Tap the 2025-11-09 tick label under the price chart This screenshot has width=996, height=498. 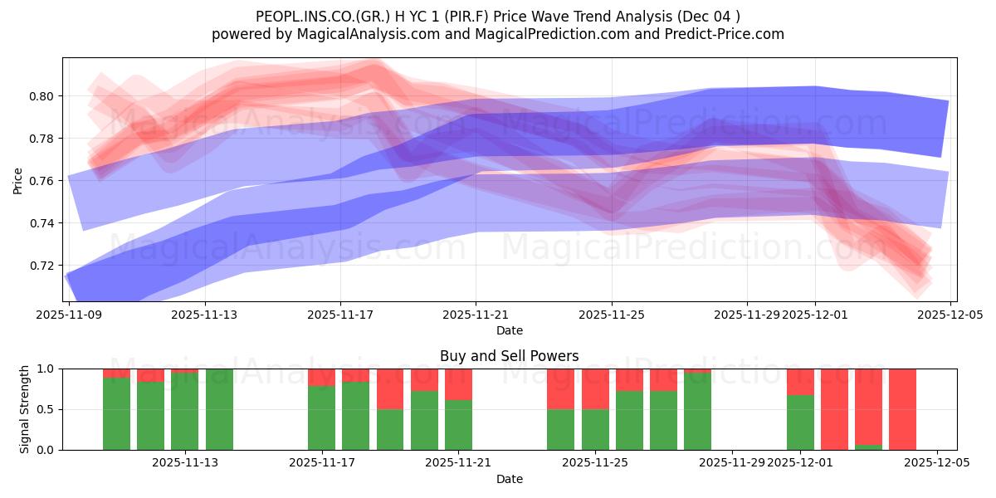(x=70, y=315)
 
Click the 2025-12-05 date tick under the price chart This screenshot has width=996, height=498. (x=950, y=315)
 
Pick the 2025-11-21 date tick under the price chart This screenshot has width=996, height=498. (x=476, y=315)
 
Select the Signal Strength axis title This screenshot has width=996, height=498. (x=25, y=409)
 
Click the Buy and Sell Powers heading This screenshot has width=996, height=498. (x=509, y=356)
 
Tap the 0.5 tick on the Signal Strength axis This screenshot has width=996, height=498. (x=46, y=409)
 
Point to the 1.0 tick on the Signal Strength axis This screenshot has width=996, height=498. (x=46, y=369)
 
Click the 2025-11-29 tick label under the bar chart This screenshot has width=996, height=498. (x=732, y=463)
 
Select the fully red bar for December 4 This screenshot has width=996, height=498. (x=902, y=409)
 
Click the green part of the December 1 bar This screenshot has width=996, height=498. (x=800, y=423)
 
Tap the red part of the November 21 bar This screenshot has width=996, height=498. (x=458, y=383)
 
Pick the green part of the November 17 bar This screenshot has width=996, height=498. (x=321, y=418)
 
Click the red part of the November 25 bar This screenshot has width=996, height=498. (x=595, y=388)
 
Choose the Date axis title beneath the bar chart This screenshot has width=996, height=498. (x=509, y=479)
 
